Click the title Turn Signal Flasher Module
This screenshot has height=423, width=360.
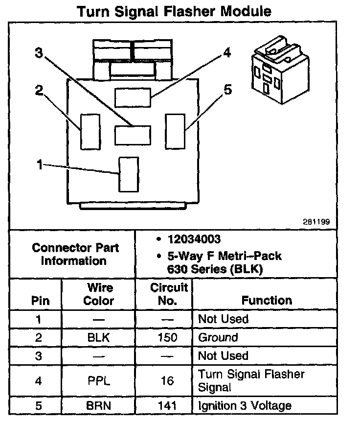point(174,11)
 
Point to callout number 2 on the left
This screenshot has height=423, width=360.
point(39,90)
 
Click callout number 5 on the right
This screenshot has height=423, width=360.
point(228,90)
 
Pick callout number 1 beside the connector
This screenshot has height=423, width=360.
point(40,165)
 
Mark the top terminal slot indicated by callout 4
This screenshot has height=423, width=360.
point(133,97)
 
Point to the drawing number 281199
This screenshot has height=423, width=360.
point(316,222)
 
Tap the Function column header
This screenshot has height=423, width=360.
point(267,301)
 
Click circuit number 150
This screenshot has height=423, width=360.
point(167,338)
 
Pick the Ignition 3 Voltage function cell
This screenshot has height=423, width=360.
point(245,405)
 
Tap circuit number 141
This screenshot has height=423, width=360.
point(167,405)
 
